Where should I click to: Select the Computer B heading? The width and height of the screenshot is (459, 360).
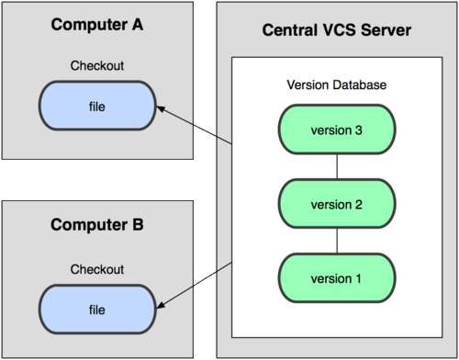[x=97, y=224]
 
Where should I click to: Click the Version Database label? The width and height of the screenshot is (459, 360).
[x=337, y=84]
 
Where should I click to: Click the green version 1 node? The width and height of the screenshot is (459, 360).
[x=337, y=278]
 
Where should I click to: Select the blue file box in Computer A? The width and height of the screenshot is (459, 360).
[x=96, y=106]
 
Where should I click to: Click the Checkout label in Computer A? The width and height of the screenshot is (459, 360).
[x=97, y=67]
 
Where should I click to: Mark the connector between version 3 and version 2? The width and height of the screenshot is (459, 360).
[x=337, y=167]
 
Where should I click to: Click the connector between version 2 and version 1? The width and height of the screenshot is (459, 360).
[x=337, y=242]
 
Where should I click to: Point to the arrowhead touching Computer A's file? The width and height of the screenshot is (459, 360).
[x=162, y=109]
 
